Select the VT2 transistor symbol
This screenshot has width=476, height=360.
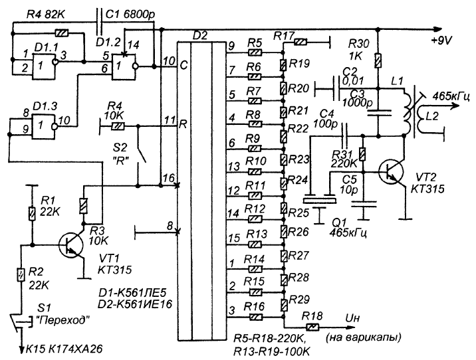pyautogui.click(x=395, y=173)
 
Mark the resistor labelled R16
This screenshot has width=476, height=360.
pyautogui.click(x=255, y=310)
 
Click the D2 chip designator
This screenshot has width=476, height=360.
pyautogui.click(x=197, y=32)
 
